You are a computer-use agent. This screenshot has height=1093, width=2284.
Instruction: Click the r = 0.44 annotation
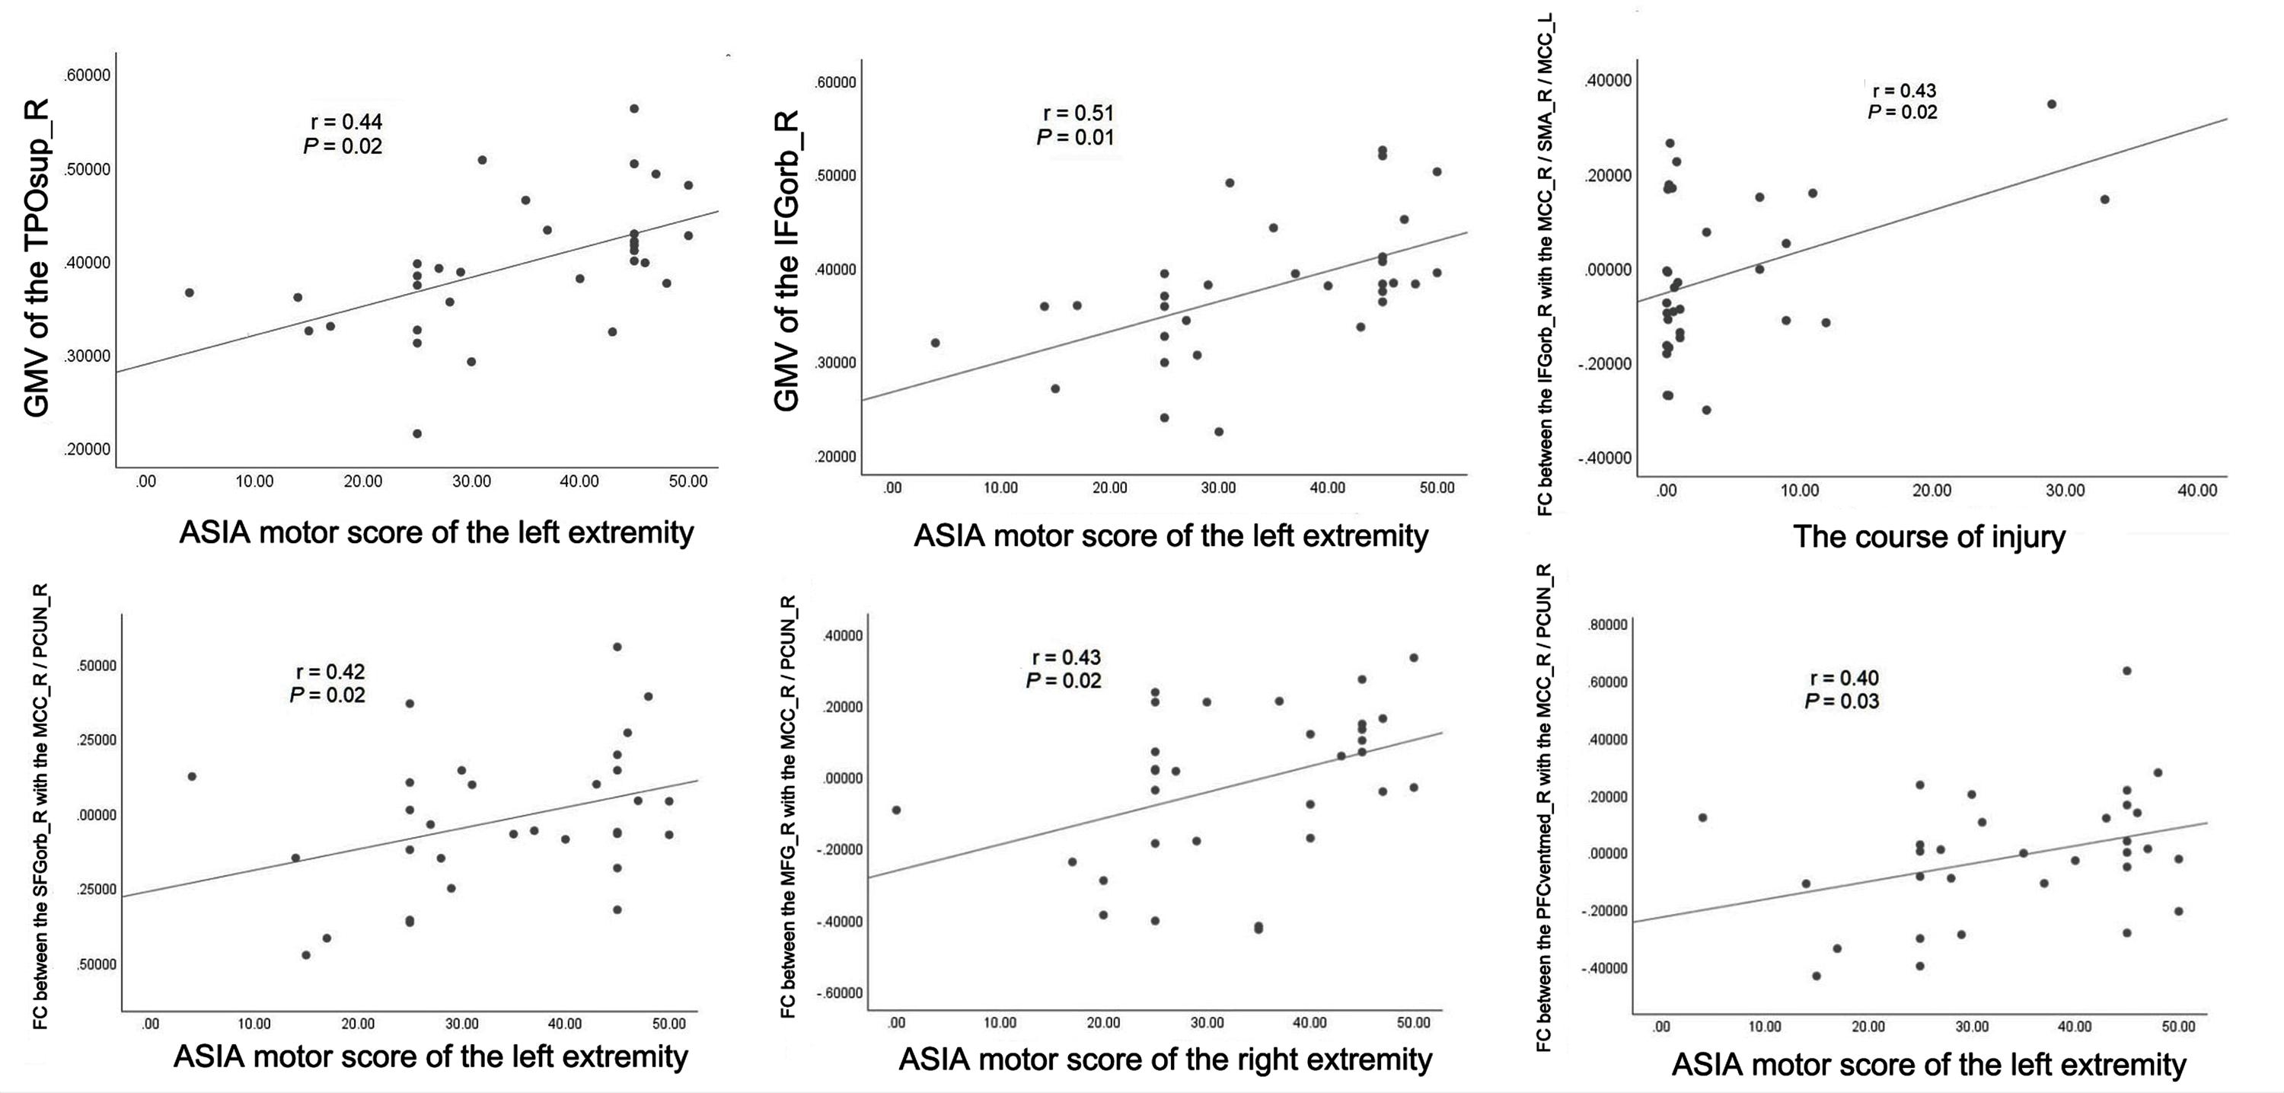click(346, 122)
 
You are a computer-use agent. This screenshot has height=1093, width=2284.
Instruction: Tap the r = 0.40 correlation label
click(1844, 678)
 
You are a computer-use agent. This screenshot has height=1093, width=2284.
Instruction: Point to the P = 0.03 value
click(1842, 702)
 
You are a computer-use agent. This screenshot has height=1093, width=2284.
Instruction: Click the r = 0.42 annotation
click(330, 672)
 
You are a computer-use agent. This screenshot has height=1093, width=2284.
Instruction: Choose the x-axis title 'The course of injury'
click(1928, 537)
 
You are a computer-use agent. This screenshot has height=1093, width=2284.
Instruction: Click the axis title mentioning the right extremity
click(1165, 1059)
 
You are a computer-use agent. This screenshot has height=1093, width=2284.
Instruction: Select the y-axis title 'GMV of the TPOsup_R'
click(37, 258)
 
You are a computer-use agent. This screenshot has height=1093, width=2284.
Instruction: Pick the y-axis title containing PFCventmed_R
click(1544, 807)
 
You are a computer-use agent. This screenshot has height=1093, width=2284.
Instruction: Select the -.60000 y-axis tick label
click(838, 992)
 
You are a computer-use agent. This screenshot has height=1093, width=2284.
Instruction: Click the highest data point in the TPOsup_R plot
click(634, 108)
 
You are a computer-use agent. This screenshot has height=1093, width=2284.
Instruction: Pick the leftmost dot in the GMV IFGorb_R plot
click(934, 343)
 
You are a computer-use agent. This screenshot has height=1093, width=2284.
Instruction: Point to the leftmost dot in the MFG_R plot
click(896, 810)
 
